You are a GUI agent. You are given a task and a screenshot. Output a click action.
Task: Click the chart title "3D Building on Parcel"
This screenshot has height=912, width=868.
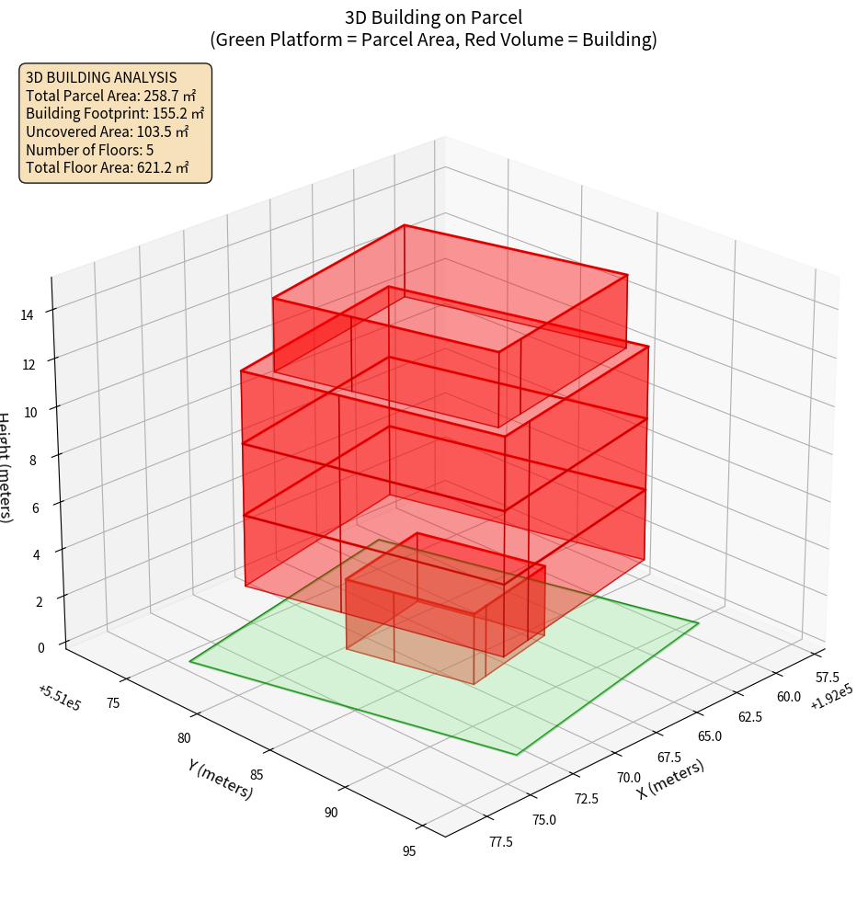click(x=433, y=17)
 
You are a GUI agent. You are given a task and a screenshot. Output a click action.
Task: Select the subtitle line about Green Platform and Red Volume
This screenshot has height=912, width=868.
click(x=433, y=40)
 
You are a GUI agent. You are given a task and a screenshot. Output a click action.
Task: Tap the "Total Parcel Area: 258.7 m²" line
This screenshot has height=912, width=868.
click(x=111, y=95)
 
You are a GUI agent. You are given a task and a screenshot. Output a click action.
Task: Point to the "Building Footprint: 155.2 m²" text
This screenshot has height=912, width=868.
click(x=115, y=113)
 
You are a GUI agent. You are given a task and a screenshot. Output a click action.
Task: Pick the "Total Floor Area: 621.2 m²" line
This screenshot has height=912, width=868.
click(x=108, y=167)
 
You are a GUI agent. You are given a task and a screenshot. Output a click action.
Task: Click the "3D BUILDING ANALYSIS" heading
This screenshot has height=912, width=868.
click(x=101, y=77)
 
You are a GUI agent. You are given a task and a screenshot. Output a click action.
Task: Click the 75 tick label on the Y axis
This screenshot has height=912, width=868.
click(x=113, y=703)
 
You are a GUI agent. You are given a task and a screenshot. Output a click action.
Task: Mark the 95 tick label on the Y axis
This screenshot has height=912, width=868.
click(x=409, y=850)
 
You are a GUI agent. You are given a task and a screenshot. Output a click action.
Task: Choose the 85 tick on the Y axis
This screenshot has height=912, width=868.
click(x=257, y=774)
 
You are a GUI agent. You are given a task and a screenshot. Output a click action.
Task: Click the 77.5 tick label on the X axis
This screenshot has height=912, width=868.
click(x=502, y=841)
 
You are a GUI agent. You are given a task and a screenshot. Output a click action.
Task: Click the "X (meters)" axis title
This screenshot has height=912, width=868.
click(x=671, y=780)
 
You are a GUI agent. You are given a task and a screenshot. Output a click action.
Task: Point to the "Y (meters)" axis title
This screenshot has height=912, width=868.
click(x=220, y=779)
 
